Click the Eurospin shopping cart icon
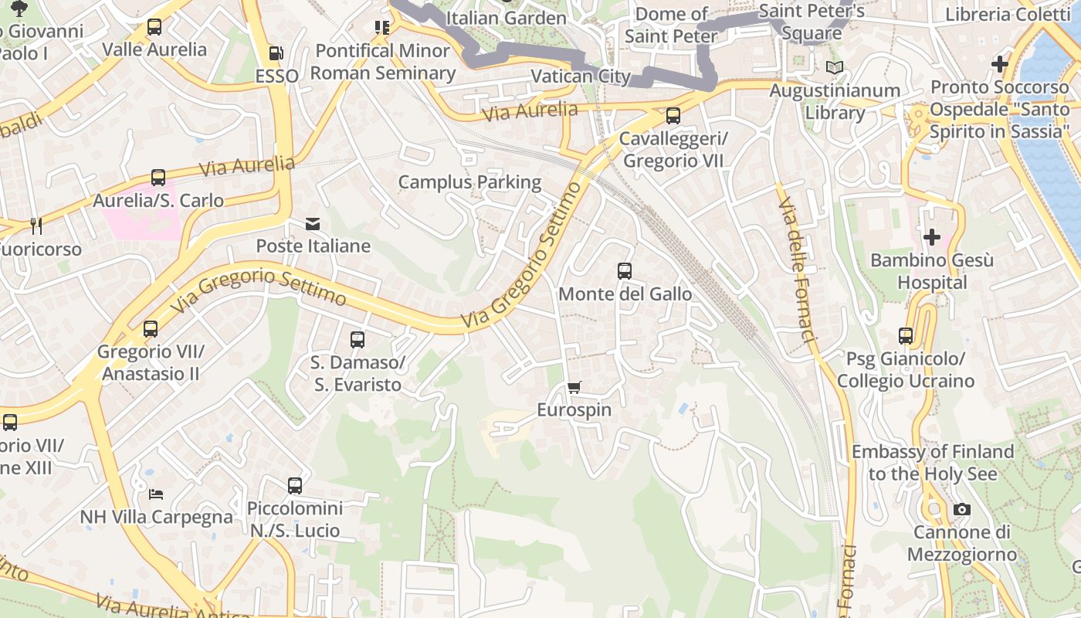coord(574,388)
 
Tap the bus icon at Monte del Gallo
coord(625,271)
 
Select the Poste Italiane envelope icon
coord(313,224)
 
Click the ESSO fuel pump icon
coord(276,53)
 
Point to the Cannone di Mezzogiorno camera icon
coord(961,509)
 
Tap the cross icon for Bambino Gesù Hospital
coord(932,236)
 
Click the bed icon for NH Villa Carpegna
coord(156,494)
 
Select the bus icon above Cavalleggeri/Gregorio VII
coord(673,116)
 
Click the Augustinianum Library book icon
coord(834,68)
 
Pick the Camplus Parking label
coord(469,182)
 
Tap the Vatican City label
coord(581,76)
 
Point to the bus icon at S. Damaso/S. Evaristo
coord(358,339)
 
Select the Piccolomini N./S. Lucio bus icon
coord(295,486)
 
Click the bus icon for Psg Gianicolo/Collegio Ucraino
coord(906,336)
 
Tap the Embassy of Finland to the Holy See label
coord(932,462)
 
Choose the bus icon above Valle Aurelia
coord(154,27)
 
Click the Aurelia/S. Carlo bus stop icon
coord(158,178)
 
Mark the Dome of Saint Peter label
coord(671,25)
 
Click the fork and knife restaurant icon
coord(36,226)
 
